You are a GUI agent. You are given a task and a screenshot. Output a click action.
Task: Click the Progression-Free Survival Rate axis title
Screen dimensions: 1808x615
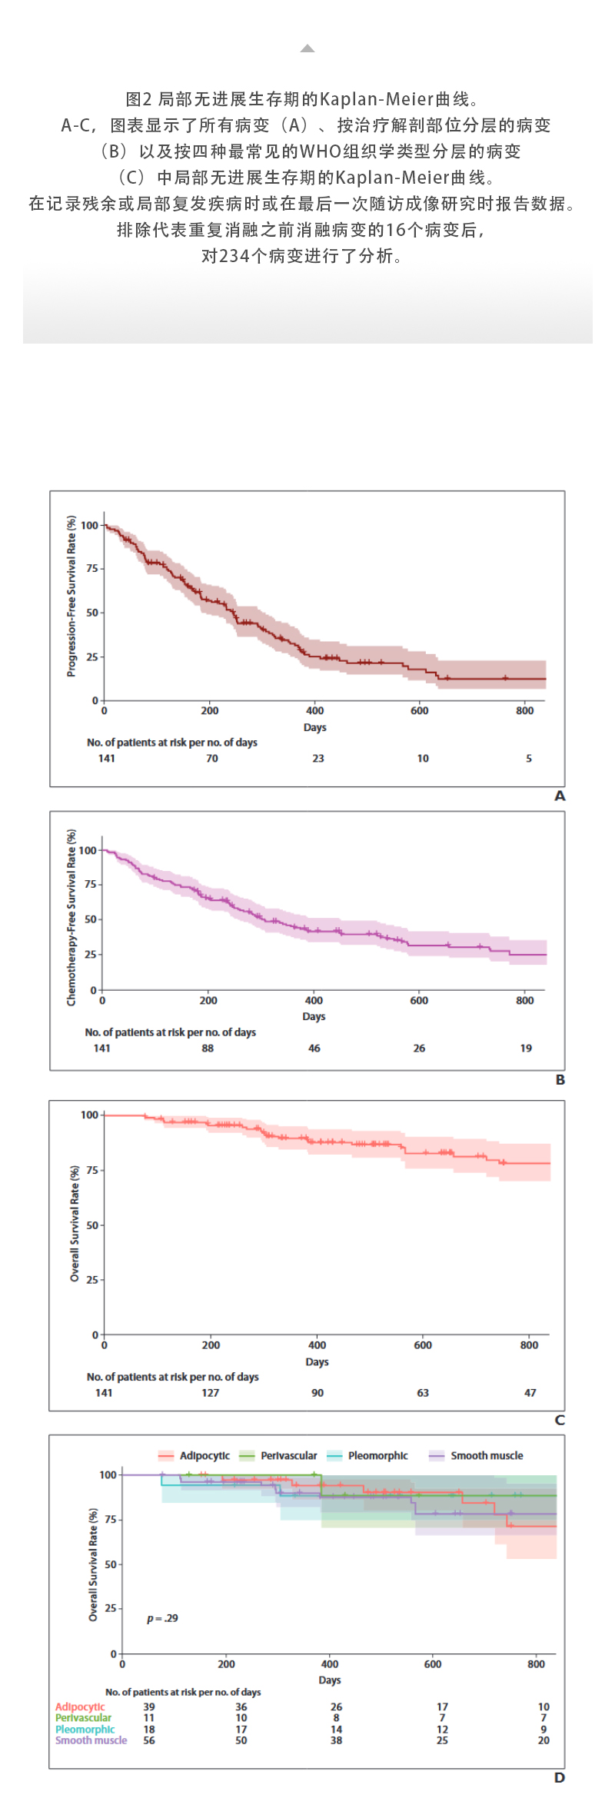click(71, 597)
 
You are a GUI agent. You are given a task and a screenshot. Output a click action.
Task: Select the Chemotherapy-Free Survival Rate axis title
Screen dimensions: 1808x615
click(71, 917)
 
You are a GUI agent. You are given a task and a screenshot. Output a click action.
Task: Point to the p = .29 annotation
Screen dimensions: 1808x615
click(162, 1618)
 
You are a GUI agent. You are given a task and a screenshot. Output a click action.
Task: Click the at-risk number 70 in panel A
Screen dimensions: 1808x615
click(212, 759)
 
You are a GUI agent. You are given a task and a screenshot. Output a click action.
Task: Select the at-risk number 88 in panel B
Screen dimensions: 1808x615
click(208, 1049)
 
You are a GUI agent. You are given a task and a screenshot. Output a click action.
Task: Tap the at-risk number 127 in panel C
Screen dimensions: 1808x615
click(210, 1393)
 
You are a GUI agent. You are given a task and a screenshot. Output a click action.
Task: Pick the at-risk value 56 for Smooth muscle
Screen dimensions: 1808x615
click(149, 1740)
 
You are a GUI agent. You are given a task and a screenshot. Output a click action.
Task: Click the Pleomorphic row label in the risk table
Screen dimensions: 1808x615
click(85, 1730)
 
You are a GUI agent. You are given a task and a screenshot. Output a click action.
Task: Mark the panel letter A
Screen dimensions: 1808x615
click(560, 796)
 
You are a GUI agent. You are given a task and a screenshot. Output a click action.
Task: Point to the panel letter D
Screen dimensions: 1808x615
click(560, 1777)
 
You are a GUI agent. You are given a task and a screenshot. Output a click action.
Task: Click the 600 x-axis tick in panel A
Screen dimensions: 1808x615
click(419, 711)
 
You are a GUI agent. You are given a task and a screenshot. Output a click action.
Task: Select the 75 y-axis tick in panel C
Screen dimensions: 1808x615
click(91, 1170)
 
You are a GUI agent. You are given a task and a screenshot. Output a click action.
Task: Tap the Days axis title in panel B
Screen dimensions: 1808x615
click(314, 1016)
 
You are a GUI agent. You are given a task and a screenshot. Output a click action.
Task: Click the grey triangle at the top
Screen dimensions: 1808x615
click(307, 48)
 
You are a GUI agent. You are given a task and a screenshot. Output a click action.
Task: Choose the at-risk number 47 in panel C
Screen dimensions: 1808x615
click(530, 1393)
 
